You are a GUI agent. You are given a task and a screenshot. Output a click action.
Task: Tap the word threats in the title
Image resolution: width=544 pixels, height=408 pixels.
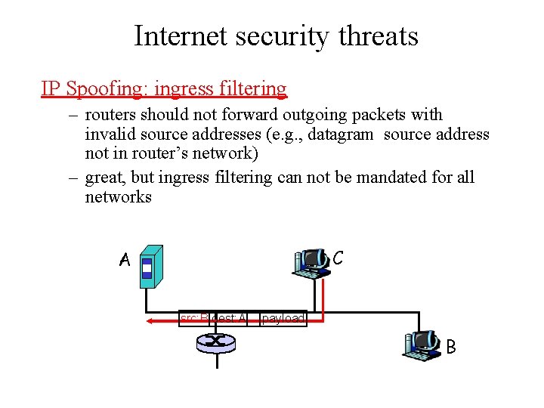[380, 36]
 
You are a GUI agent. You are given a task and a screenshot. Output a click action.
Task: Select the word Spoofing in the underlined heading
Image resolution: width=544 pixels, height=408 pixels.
[107, 89]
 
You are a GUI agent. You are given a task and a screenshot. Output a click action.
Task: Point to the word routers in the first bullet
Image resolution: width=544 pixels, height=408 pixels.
[110, 115]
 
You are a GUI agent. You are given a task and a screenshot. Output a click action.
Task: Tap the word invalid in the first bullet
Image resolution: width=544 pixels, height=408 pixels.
[108, 134]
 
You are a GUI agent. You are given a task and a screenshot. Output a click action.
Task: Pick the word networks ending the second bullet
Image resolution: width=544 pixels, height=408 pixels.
[118, 197]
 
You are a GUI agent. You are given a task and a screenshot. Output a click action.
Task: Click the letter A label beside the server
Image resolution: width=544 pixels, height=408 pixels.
[125, 260]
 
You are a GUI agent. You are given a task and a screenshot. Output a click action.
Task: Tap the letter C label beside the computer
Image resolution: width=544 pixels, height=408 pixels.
[338, 258]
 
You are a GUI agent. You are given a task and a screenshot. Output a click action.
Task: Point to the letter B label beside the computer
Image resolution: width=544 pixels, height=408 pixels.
[451, 347]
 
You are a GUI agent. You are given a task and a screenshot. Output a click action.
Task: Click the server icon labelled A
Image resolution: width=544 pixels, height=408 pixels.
[152, 267]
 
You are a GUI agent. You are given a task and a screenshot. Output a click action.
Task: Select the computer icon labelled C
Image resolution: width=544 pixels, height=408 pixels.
[311, 261]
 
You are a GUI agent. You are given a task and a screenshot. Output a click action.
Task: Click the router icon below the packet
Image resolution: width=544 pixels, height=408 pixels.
[217, 343]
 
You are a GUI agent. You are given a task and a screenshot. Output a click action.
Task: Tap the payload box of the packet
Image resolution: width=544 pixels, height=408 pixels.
[283, 319]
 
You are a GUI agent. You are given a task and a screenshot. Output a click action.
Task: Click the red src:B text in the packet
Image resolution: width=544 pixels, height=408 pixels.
[194, 319]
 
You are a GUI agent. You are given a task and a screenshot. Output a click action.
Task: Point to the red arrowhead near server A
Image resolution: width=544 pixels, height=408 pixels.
[150, 320]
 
